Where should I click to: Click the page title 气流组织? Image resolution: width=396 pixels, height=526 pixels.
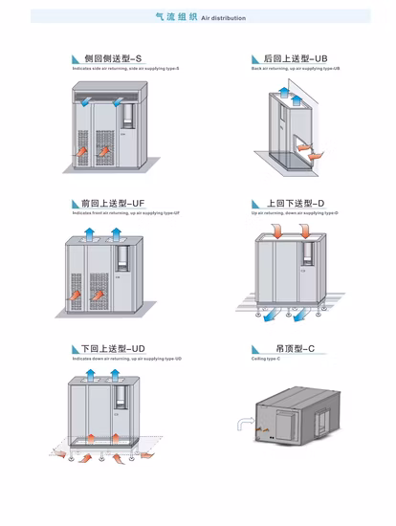tap(176, 17)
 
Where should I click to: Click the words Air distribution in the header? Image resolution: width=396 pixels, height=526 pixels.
tap(223, 18)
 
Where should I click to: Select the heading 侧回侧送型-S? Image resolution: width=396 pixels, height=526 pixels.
tap(113, 59)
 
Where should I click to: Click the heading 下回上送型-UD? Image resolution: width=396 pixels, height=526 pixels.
tap(113, 349)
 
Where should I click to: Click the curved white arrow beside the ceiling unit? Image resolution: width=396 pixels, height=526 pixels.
tap(243, 422)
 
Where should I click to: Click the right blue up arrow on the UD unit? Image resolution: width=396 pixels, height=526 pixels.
tap(114, 374)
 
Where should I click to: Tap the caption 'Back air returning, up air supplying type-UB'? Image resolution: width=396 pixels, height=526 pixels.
tap(296, 69)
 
